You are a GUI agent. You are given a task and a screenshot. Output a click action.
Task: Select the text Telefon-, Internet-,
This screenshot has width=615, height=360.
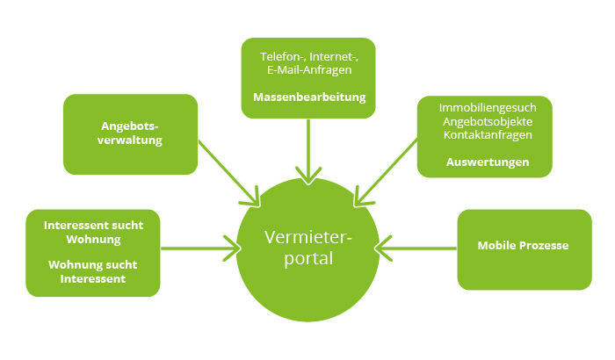point(307,57)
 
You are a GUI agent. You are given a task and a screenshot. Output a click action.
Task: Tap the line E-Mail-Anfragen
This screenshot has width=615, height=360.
point(307,71)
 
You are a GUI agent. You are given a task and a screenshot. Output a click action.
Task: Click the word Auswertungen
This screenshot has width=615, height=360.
point(487,162)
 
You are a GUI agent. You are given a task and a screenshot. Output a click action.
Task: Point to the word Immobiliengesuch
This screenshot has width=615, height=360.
point(486,106)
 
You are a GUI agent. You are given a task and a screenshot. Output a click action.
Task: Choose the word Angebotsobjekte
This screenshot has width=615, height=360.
point(486,120)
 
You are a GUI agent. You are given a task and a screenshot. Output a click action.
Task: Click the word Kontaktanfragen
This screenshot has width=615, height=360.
point(486,134)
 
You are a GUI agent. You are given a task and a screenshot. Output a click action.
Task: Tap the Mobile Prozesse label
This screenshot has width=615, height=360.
point(523,245)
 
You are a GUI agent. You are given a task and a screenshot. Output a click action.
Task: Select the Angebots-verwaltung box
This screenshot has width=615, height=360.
point(130,133)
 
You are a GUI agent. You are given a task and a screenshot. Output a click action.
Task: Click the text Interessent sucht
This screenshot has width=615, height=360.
point(94,225)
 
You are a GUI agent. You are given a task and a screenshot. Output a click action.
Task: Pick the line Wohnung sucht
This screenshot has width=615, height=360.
point(94,264)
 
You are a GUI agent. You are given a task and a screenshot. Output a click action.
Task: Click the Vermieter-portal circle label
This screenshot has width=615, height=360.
point(307,248)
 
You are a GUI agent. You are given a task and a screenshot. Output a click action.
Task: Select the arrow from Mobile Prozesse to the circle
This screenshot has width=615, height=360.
point(417,248)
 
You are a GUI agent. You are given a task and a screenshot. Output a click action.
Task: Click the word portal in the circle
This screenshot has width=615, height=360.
point(307,261)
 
